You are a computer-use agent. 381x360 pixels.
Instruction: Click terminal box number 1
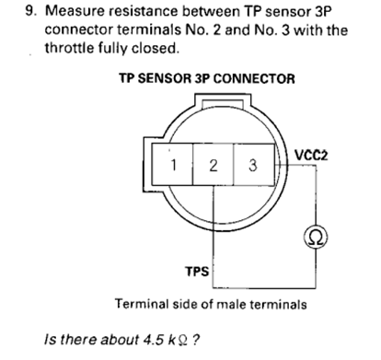(x=172, y=165)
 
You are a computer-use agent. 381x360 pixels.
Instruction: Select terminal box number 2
(x=214, y=165)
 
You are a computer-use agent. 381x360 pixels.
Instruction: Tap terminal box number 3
(x=254, y=165)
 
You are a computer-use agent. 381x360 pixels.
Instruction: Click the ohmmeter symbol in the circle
(x=316, y=238)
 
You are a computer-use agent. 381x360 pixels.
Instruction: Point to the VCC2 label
(x=311, y=156)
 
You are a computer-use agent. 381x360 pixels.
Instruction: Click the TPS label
(x=197, y=272)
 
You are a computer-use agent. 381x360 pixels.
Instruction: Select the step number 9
(x=31, y=11)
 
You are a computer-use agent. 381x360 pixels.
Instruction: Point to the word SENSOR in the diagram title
(x=164, y=78)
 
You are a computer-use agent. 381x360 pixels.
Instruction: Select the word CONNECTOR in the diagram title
(x=254, y=78)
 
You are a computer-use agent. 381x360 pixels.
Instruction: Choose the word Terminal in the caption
(x=142, y=305)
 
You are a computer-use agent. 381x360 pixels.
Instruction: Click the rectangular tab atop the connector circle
(x=223, y=100)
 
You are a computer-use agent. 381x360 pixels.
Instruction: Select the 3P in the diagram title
(x=202, y=78)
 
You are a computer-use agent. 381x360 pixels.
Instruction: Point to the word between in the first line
(x=211, y=11)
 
